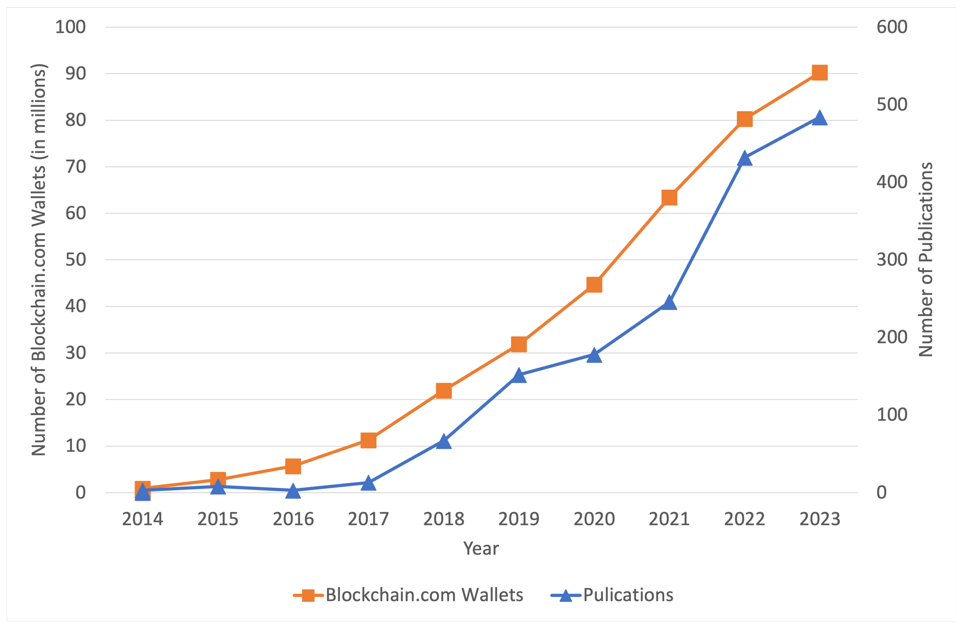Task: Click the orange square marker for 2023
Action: [819, 73]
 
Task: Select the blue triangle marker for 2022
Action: [745, 158]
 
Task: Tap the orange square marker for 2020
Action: [594, 285]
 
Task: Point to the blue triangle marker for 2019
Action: [519, 375]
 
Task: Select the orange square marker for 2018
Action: [444, 391]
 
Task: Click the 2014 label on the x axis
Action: [142, 519]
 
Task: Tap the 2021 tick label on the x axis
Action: [669, 519]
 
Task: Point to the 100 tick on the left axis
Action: [70, 27]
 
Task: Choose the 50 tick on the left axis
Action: [76, 260]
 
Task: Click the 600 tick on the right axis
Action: [892, 27]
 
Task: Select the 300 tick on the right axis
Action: [892, 260]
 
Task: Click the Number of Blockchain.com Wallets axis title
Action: [39, 260]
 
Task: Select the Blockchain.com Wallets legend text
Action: [425, 595]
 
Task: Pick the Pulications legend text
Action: [628, 595]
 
